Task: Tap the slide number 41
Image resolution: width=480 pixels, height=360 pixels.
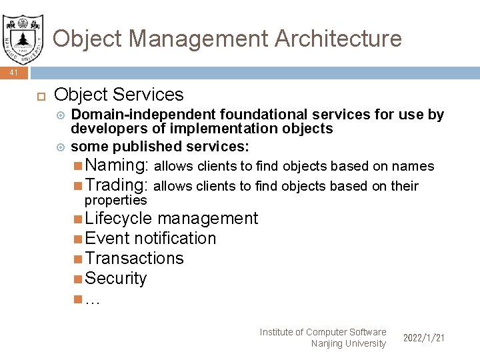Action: click(x=14, y=73)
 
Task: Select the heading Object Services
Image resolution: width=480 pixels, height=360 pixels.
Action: click(x=119, y=95)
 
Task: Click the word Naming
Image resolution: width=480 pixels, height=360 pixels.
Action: click(x=117, y=165)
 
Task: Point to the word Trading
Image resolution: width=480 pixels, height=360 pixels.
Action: click(x=117, y=185)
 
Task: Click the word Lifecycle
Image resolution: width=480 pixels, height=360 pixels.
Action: click(x=119, y=219)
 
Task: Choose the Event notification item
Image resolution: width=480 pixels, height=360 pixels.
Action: click(x=151, y=239)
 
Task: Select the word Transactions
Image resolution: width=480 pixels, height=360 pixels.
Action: click(x=135, y=259)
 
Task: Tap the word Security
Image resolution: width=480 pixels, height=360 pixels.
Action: click(x=116, y=279)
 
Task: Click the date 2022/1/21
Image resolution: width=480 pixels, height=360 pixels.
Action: click(x=423, y=338)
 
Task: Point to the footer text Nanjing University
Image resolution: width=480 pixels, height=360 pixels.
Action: click(x=348, y=344)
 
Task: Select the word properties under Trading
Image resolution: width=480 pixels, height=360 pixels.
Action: click(x=115, y=200)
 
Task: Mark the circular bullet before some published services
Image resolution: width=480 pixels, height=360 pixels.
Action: click(x=61, y=146)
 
